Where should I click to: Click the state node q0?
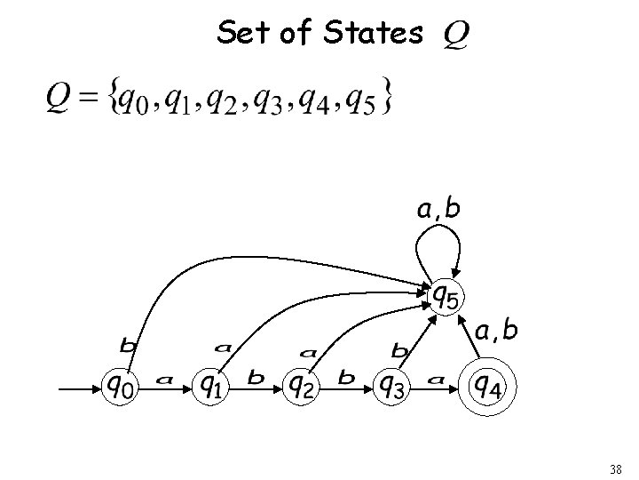(122, 386)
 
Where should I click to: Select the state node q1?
(212, 386)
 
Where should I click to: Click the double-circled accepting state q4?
(487, 386)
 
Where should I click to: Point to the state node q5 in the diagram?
(444, 294)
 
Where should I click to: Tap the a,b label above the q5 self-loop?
(438, 209)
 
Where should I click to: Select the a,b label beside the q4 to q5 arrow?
(497, 331)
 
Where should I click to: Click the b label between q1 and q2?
(256, 379)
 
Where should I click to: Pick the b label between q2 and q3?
(345, 379)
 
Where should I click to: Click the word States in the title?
(373, 34)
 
